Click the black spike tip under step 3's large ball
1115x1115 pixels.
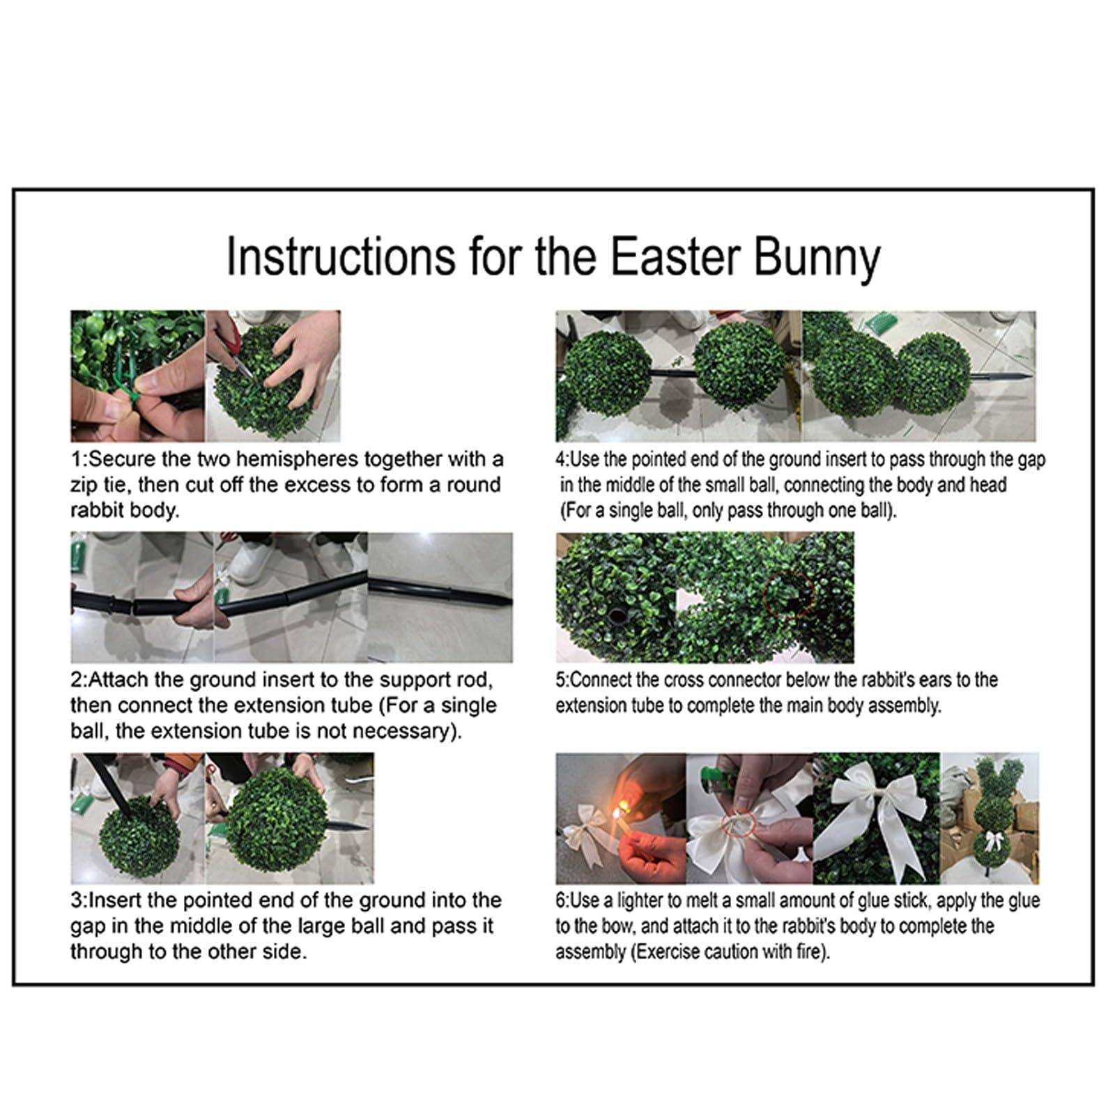coord(362,828)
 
